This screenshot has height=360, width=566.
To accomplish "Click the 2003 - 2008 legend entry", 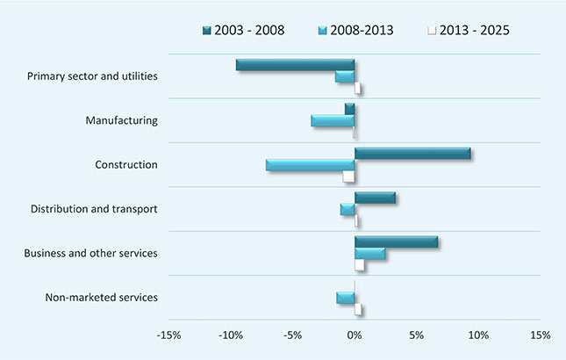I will [243, 31].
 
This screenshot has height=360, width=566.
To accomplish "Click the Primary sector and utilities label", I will [92, 76].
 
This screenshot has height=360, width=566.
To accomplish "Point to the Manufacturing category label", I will [122, 119].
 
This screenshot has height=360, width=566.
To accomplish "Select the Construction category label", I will [126, 164].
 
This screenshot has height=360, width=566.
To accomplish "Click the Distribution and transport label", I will [94, 209].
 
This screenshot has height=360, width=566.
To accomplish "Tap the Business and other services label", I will [91, 254].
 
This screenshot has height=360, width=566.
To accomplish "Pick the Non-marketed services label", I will [101, 298].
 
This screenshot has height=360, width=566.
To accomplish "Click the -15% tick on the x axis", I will [168, 335].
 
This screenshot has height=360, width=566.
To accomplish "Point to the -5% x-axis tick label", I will [292, 335].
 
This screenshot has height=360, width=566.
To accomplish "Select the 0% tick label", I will [355, 335].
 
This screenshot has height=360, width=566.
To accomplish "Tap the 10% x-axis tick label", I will [478, 335].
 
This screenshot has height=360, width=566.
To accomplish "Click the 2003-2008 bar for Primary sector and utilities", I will [296, 65].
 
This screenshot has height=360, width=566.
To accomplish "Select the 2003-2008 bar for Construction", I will [412, 154].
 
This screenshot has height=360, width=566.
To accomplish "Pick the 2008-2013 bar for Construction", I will [311, 165].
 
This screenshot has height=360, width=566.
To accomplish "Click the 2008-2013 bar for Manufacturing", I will [333, 120].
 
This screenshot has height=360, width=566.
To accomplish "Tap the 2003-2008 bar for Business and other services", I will [397, 242].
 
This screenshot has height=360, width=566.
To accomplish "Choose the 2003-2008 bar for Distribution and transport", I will [375, 198].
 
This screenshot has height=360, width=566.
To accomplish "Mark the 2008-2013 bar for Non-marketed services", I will [346, 298].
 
